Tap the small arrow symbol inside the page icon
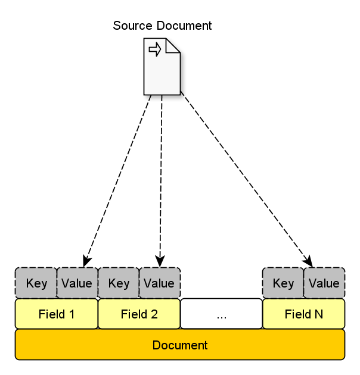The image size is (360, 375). pos(155,49)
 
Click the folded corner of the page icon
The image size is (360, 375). pos(173,45)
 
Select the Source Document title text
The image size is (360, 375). pos(162,26)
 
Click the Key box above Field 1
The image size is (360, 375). pos(36,283)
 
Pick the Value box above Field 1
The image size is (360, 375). pos(77,283)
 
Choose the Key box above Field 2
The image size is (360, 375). pos(119,283)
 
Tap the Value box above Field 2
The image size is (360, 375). pos(159,283)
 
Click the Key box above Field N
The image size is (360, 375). pos(283,283)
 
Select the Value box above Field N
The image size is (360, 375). pos(324,283)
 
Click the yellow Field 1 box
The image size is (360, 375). pos(57,314)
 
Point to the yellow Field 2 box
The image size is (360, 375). pos(139,314)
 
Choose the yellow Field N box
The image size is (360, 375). pos(304,314)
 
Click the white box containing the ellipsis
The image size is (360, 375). pos(221,314)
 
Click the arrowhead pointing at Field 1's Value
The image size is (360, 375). pos(86,261)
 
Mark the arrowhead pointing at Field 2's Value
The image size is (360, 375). pos(159,261)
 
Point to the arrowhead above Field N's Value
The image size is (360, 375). pos(308,261)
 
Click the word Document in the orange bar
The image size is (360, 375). pos(180,345)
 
